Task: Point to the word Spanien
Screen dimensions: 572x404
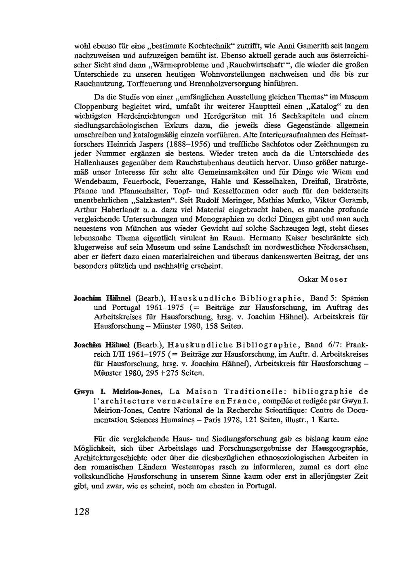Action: tap(355, 299)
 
